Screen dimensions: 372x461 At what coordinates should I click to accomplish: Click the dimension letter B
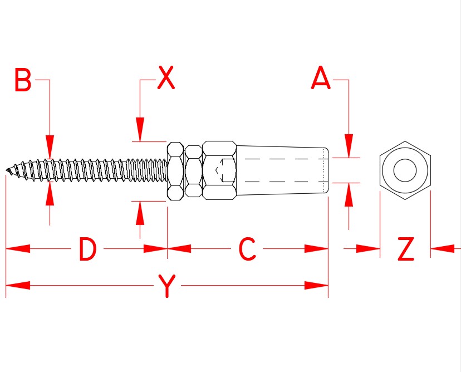click(x=23, y=81)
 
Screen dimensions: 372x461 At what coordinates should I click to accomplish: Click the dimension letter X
click(x=166, y=79)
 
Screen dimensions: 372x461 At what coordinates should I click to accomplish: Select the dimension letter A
click(x=321, y=79)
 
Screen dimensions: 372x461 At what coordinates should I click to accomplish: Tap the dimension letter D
click(x=87, y=249)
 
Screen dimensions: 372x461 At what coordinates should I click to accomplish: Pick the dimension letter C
click(x=247, y=249)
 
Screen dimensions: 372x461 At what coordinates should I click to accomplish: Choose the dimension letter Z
click(x=406, y=249)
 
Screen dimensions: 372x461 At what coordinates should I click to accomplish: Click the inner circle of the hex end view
click(x=405, y=170)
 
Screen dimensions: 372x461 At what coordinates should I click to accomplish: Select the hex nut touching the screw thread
click(x=175, y=170)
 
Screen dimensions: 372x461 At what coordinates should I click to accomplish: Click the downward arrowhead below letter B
click(x=50, y=146)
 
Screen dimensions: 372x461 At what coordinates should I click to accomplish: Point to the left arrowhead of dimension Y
click(x=17, y=286)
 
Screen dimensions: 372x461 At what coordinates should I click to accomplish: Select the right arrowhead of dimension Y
click(x=317, y=286)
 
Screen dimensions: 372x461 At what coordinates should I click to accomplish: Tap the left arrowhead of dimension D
click(x=17, y=248)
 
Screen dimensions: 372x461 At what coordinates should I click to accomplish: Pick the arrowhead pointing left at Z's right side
click(x=443, y=248)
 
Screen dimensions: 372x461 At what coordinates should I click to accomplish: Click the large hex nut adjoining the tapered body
click(x=219, y=170)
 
